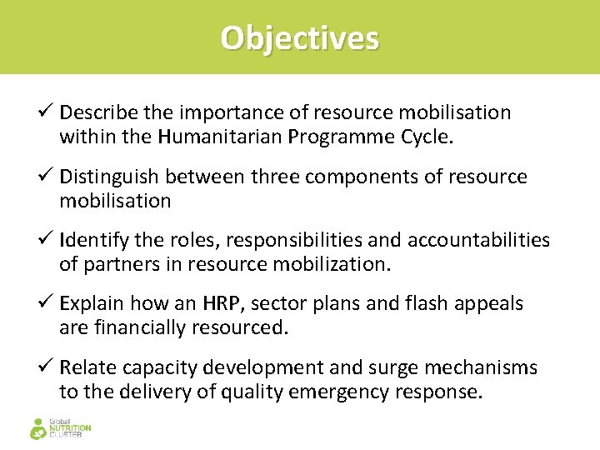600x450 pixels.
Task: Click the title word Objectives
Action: coord(299,38)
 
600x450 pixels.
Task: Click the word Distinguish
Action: coord(110,177)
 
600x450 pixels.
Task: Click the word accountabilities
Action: coord(478,241)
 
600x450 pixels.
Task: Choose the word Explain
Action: coord(90,304)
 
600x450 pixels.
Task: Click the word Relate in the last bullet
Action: coord(87,368)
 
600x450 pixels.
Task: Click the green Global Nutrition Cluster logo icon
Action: coord(38,428)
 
